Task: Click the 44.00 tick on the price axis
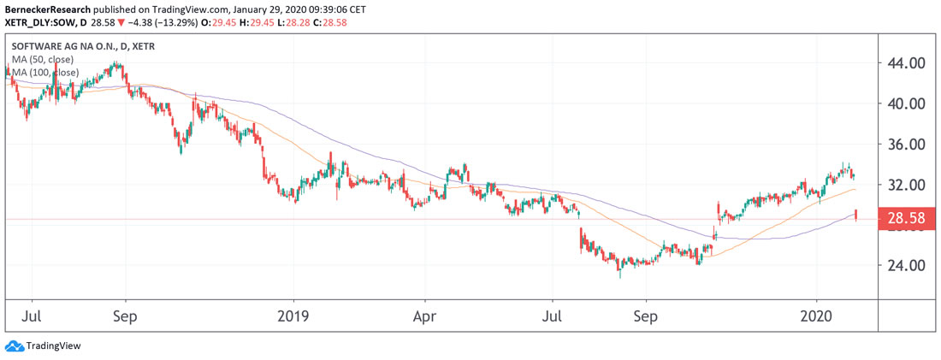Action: tap(906, 63)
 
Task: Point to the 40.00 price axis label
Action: tap(906, 103)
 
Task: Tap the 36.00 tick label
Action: tap(906, 145)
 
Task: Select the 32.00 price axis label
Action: tap(906, 185)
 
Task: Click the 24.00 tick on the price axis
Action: tap(906, 265)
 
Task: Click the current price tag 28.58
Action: tap(906, 219)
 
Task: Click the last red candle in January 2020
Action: tap(855, 215)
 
